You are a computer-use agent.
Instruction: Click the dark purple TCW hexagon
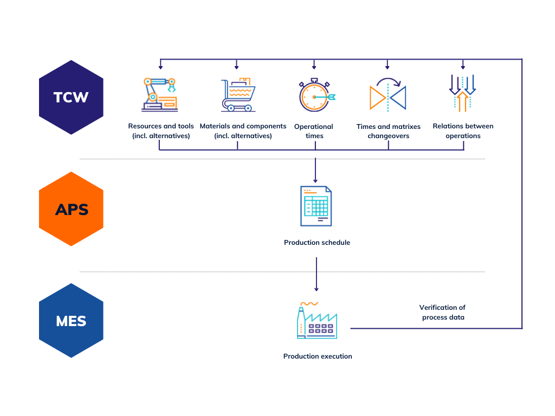click(x=71, y=97)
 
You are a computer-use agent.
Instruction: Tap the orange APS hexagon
click(x=71, y=209)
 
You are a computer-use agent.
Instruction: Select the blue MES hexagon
click(x=71, y=321)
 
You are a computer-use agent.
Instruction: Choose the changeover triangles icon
click(x=388, y=96)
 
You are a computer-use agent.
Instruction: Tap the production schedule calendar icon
click(x=317, y=206)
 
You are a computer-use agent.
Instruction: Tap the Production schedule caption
click(x=317, y=243)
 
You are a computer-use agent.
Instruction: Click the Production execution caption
click(x=318, y=356)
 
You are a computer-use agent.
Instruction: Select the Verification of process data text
click(x=443, y=313)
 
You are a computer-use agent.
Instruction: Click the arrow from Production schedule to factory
click(x=317, y=274)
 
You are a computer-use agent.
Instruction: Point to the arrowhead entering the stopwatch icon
click(x=314, y=67)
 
